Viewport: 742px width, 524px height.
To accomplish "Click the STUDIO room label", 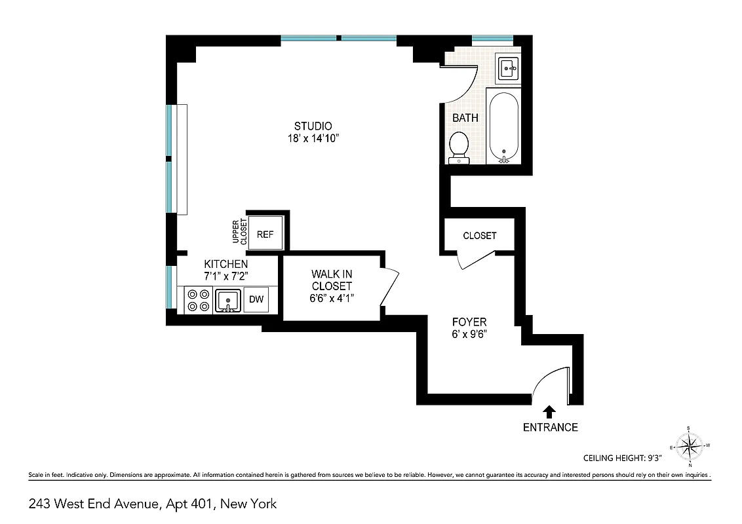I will click(313, 126).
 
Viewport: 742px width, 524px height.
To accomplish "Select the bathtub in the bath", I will click(504, 128).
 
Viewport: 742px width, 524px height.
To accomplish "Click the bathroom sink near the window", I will click(509, 67).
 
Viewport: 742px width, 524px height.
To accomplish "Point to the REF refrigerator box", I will click(265, 234).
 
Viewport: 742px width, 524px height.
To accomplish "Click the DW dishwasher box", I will click(256, 300).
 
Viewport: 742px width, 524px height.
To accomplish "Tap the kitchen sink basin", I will click(228, 300).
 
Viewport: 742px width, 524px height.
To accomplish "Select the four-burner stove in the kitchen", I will click(198, 300).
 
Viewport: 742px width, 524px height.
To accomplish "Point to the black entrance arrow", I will click(549, 411).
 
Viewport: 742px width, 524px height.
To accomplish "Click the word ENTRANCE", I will click(550, 428).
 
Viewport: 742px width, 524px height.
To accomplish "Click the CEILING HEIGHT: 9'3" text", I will click(623, 458).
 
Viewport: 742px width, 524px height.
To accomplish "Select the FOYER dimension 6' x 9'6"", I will click(469, 334).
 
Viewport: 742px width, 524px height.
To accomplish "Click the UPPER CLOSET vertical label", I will click(244, 233).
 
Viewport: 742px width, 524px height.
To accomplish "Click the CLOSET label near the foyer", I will click(479, 236).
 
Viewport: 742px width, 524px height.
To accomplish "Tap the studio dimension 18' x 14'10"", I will click(313, 138).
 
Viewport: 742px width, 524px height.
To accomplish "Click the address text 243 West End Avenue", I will click(152, 504).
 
